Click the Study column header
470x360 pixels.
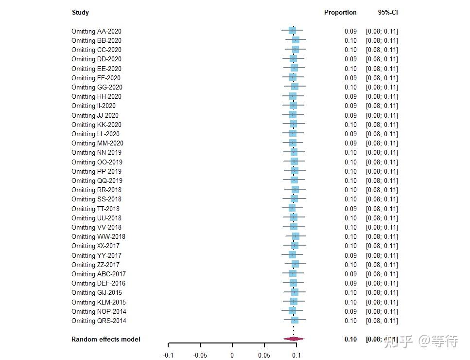[x=80, y=13]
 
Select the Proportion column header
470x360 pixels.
[x=340, y=13]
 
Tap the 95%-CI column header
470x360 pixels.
[x=388, y=13]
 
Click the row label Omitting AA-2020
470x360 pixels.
[x=96, y=31]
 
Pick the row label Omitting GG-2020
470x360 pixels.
[x=97, y=87]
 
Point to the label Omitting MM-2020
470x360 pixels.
[x=97, y=143]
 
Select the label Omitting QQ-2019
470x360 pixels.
[x=97, y=180]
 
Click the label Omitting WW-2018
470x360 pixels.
[x=98, y=236]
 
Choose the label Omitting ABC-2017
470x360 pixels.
[x=99, y=274]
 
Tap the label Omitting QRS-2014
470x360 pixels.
[x=99, y=321]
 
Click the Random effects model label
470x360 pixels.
[x=106, y=339]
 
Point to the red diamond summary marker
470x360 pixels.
[x=294, y=339]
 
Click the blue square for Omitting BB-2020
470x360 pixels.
[x=296, y=40]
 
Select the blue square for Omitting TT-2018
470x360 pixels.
[x=292, y=208]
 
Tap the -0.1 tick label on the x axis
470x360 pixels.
[x=168, y=355]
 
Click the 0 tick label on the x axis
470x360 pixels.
[x=232, y=355]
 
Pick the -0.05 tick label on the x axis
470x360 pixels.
[x=200, y=355]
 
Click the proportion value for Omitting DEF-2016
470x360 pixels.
[x=350, y=283]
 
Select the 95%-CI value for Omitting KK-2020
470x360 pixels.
[x=382, y=125]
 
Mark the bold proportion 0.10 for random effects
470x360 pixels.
[x=350, y=339]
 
